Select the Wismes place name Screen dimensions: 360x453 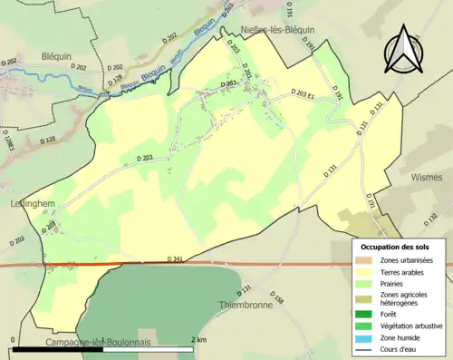click(x=425, y=179)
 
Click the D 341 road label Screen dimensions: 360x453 click(x=178, y=259)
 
